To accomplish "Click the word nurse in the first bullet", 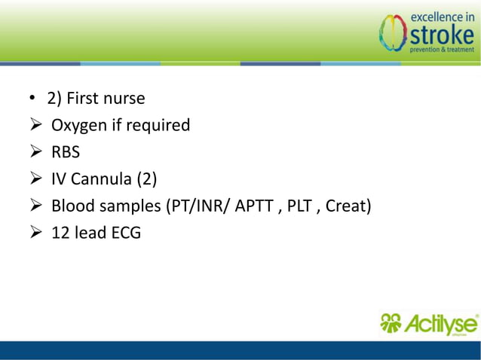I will tap(123, 99).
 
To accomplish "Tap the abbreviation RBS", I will tap(66, 153).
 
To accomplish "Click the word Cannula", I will tap(100, 179).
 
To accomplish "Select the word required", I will tap(158, 126).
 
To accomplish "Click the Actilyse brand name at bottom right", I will tap(440, 325).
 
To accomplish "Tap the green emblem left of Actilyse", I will tap(391, 324).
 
